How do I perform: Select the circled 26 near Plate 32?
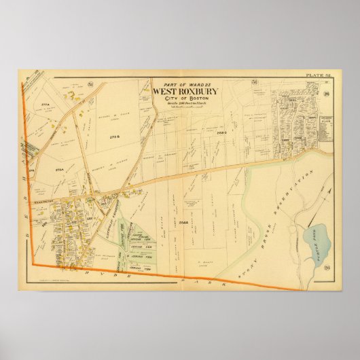coord(325,93)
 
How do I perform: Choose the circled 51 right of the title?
coord(255,83)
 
